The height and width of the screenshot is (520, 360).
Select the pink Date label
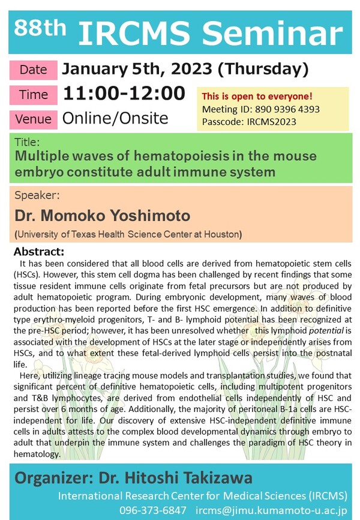(x=33, y=70)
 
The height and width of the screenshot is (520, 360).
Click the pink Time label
(x=33, y=95)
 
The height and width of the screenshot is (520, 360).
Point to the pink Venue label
(x=33, y=119)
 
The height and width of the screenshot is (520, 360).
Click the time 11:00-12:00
(x=124, y=94)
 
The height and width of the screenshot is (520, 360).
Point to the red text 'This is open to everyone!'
(x=257, y=97)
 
